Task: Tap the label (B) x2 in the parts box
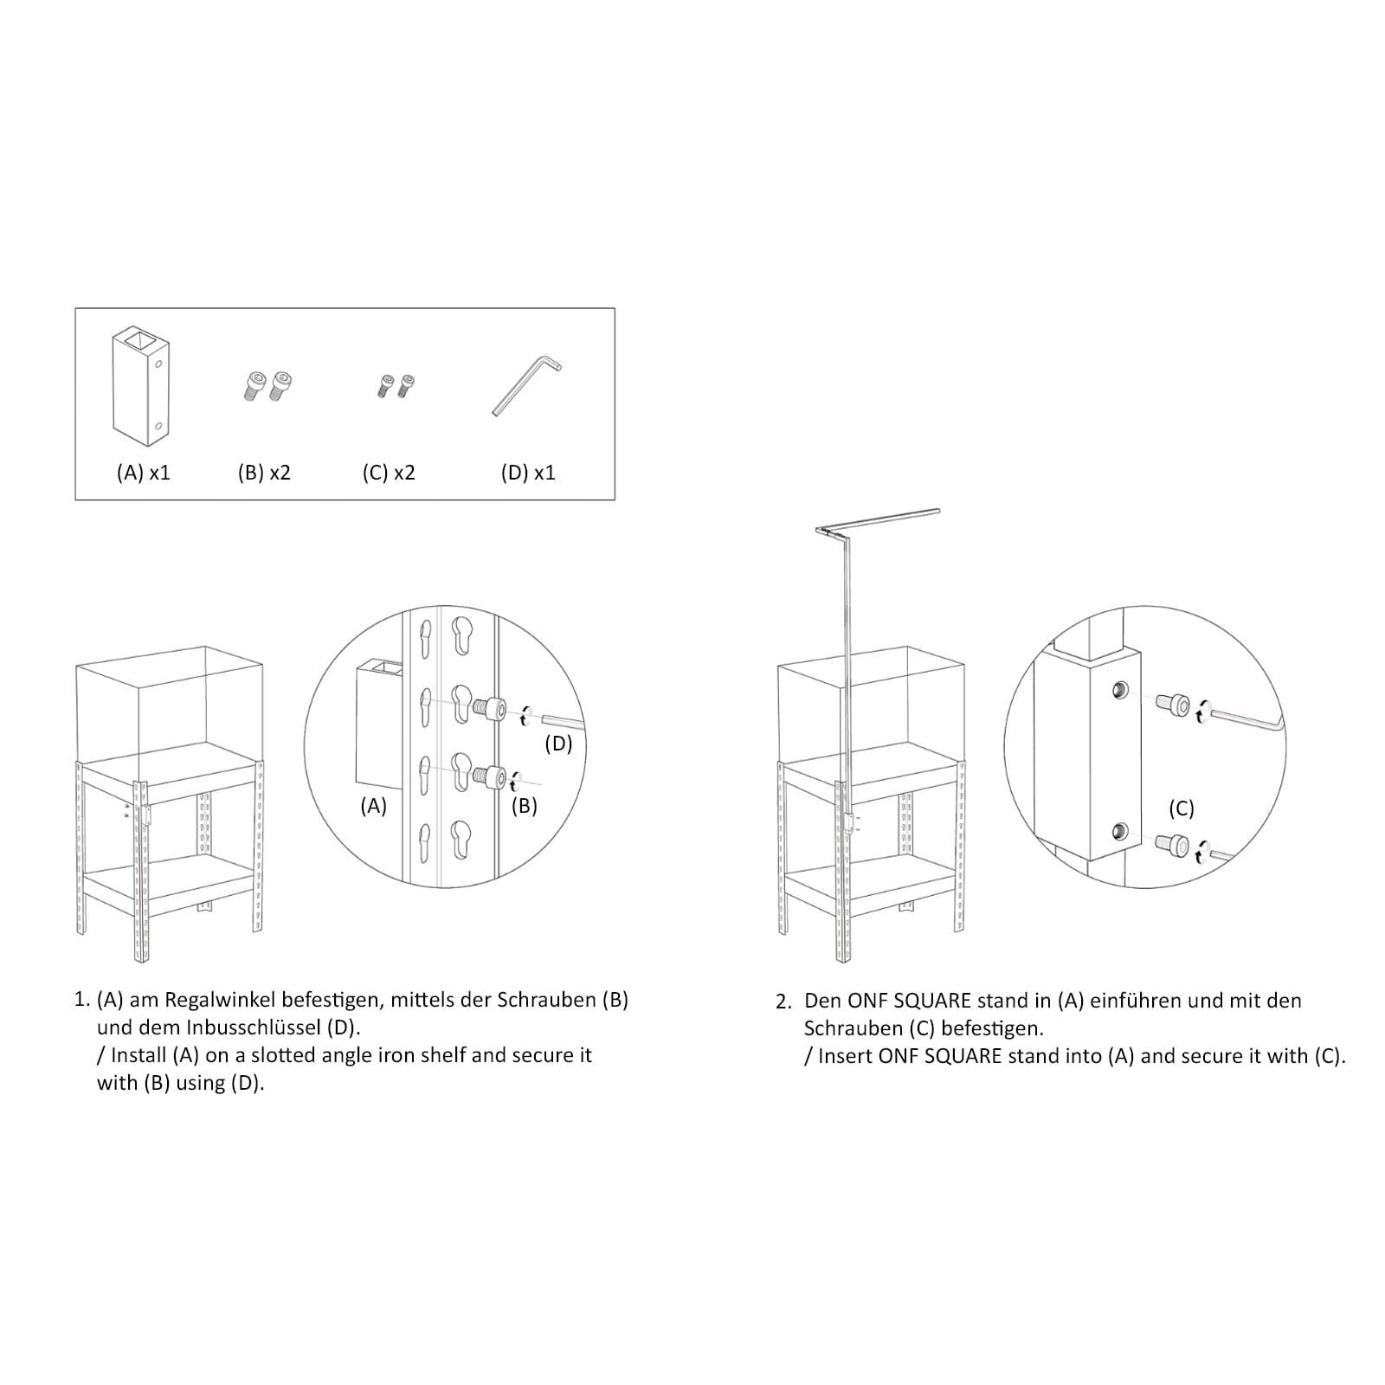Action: pos(264,473)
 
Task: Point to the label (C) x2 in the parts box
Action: pos(389,473)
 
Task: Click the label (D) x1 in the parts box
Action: pos(528,473)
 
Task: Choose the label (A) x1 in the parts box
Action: pos(144,473)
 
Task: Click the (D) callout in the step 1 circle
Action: pos(558,744)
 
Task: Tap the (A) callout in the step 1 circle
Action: pos(373,806)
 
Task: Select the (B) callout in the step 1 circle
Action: pos(524,806)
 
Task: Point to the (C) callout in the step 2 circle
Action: pos(1182,808)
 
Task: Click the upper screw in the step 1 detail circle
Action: pos(489,709)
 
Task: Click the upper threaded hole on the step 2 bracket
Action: pos(1119,690)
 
